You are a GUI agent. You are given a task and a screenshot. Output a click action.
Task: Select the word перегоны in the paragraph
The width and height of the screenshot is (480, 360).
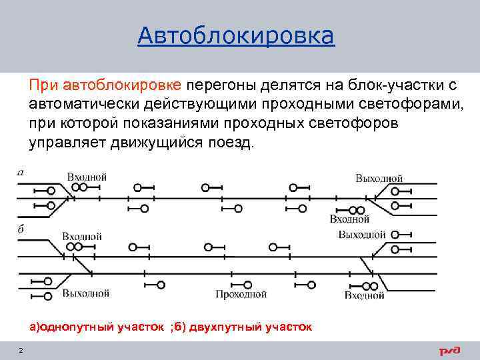coord(217,85)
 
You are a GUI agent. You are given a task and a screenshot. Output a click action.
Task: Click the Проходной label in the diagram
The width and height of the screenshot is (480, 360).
coord(240,293)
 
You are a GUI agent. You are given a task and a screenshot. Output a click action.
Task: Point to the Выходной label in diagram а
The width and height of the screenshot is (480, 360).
coord(379,178)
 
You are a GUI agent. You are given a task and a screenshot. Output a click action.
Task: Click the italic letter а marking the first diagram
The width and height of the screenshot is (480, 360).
coord(21,172)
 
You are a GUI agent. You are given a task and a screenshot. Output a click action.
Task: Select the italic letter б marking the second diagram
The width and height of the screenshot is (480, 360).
coord(21,229)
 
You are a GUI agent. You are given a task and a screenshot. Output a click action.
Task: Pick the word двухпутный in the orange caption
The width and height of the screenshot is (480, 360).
coord(227,327)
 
